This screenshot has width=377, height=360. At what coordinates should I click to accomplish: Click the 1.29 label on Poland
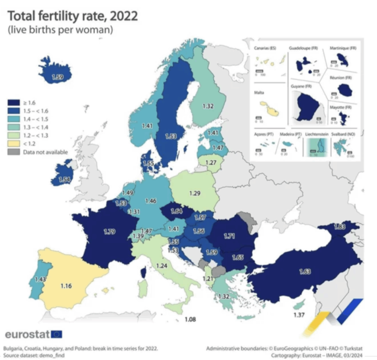click(195, 193)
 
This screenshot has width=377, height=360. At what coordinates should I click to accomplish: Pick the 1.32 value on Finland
click(208, 107)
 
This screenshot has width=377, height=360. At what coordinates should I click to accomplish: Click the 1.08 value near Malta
click(191, 320)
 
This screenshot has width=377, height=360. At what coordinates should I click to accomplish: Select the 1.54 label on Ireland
click(65, 179)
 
